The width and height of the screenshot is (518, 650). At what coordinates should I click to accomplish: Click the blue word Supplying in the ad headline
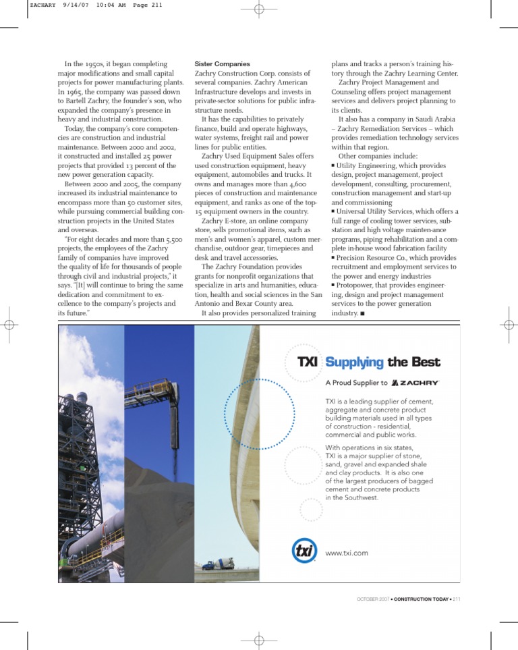tap(354, 362)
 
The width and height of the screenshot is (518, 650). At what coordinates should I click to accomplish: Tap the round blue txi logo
tap(304, 551)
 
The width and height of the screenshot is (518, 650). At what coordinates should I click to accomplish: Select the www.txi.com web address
tap(347, 553)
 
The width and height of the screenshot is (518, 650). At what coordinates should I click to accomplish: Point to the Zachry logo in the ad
tap(415, 383)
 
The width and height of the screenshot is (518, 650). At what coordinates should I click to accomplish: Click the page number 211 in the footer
tap(457, 599)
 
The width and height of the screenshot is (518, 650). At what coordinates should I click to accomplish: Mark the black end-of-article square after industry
tap(363, 314)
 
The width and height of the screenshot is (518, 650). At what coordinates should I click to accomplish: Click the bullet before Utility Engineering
tap(333, 165)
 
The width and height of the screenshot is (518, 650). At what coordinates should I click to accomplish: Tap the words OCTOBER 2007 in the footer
tap(372, 599)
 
